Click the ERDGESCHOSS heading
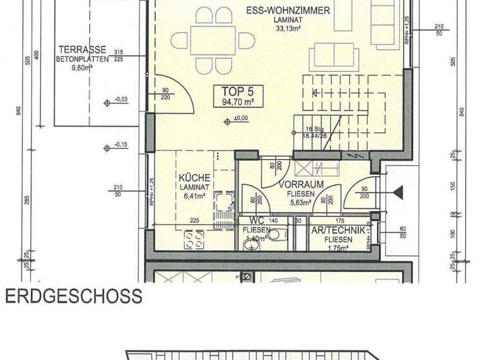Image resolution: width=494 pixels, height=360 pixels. click(73, 296)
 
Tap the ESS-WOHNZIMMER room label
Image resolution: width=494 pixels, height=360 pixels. click(288, 10)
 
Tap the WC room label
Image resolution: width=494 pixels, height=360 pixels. click(256, 221)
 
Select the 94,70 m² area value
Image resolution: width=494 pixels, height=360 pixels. click(238, 102)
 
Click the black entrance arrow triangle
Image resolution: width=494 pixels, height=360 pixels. click(398, 192)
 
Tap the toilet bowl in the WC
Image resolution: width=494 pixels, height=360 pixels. click(275, 235)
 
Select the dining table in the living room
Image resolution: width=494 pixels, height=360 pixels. click(214, 40)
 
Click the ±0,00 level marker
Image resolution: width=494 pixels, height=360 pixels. click(241, 119)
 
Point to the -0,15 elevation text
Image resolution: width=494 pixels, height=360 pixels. click(120, 145)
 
